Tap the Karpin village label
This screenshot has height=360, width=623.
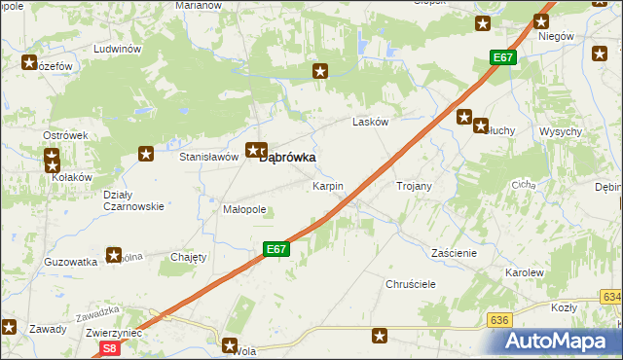coord(327,186)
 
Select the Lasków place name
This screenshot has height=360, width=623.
coord(370,123)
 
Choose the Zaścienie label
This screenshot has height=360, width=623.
coord(454,252)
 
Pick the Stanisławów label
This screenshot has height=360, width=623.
coord(209,156)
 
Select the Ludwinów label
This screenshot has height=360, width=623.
coord(118,49)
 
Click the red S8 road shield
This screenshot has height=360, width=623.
coord(110,347)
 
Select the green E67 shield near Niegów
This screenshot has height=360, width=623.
coord(502,58)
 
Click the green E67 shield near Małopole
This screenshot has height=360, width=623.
coord(276,249)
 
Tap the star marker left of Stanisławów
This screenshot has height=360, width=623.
coord(146,153)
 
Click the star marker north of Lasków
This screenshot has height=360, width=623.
coord(319,71)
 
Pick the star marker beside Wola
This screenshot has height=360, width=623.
coord(230,345)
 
